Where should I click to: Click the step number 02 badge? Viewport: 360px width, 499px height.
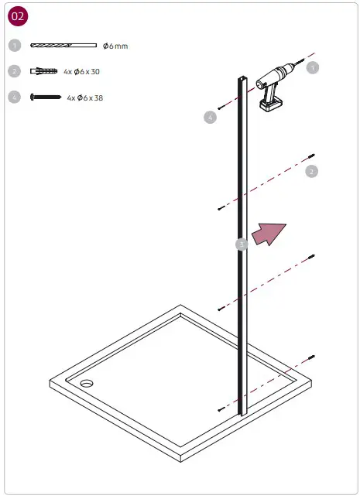[x=17, y=17]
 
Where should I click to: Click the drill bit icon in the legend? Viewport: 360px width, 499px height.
[x=63, y=46]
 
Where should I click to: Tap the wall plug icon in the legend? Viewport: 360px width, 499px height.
[x=44, y=71]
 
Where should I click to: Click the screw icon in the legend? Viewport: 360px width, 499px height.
[x=45, y=97]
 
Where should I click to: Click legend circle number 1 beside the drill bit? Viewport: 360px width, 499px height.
[x=14, y=46]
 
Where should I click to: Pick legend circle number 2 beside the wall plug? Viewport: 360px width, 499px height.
[x=14, y=71]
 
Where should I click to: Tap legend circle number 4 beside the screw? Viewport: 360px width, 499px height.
[x=14, y=97]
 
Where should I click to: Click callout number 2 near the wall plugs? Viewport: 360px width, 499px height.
[x=312, y=171]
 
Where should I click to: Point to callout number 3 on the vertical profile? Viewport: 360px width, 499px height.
[x=242, y=244]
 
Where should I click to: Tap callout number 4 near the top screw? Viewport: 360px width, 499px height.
[x=210, y=118]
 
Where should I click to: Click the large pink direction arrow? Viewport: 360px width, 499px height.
[x=269, y=232]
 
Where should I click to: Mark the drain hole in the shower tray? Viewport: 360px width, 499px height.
[x=84, y=382]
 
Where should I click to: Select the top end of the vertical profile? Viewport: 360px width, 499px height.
[x=242, y=80]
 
